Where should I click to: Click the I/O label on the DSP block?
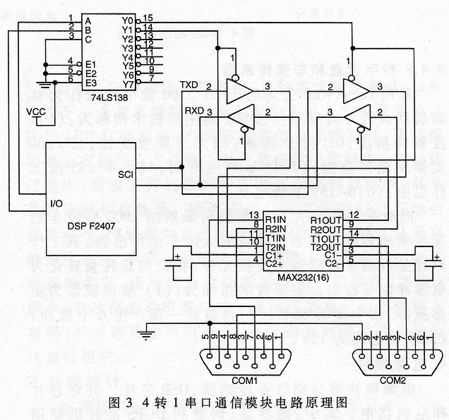click(x=58, y=203)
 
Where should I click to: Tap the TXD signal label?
click(x=189, y=85)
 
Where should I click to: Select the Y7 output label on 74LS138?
click(x=127, y=83)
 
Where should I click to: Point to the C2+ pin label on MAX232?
click(x=274, y=264)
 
